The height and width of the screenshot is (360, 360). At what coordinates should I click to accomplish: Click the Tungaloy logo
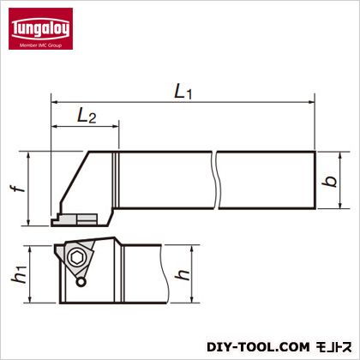(x=40, y=28)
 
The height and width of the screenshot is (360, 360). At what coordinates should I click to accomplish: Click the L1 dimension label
(x=183, y=93)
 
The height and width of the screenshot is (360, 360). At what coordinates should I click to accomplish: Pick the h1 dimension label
(x=19, y=273)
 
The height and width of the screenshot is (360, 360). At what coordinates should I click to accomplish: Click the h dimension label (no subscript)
(x=183, y=274)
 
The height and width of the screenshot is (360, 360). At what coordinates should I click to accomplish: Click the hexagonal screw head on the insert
(x=76, y=259)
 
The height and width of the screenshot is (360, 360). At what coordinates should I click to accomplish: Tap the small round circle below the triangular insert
(x=81, y=282)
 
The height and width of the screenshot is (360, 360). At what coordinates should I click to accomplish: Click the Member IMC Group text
(x=40, y=45)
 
